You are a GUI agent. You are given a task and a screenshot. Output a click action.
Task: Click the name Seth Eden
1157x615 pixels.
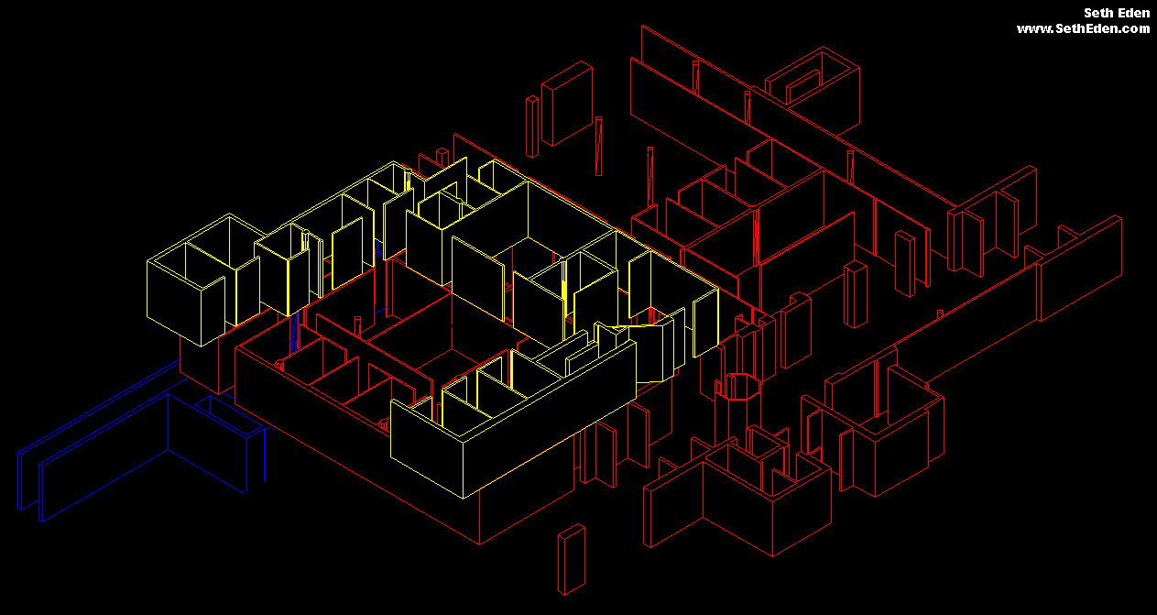[1116, 13]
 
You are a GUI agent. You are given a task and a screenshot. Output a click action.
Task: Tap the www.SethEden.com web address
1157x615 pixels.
[1083, 29]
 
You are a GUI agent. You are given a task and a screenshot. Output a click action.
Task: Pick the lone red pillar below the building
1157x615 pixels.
[572, 559]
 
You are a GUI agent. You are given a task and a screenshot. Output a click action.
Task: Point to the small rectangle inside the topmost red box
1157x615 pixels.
[802, 86]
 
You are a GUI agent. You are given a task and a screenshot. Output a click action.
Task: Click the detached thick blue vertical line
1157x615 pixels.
[265, 455]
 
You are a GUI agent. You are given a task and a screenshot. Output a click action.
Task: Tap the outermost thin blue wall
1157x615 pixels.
[98, 435]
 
